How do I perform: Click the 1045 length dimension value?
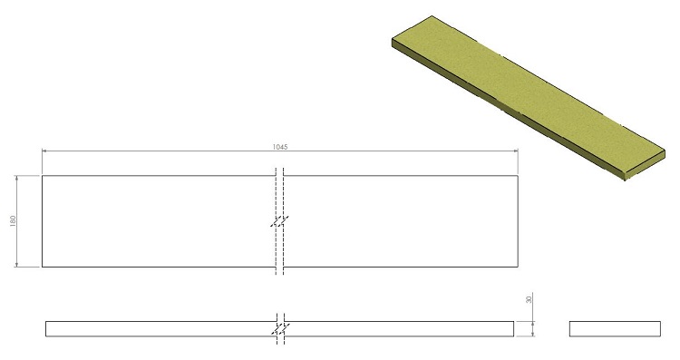280,147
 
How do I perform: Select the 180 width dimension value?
13,220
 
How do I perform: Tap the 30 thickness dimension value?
529,299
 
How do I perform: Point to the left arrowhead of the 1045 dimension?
44,151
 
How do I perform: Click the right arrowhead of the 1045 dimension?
515,151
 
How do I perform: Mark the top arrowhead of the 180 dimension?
16,179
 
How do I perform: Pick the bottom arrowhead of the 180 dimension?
16,264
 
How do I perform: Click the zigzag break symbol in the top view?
280,221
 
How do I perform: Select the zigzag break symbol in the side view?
280,329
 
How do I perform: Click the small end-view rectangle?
615,329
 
